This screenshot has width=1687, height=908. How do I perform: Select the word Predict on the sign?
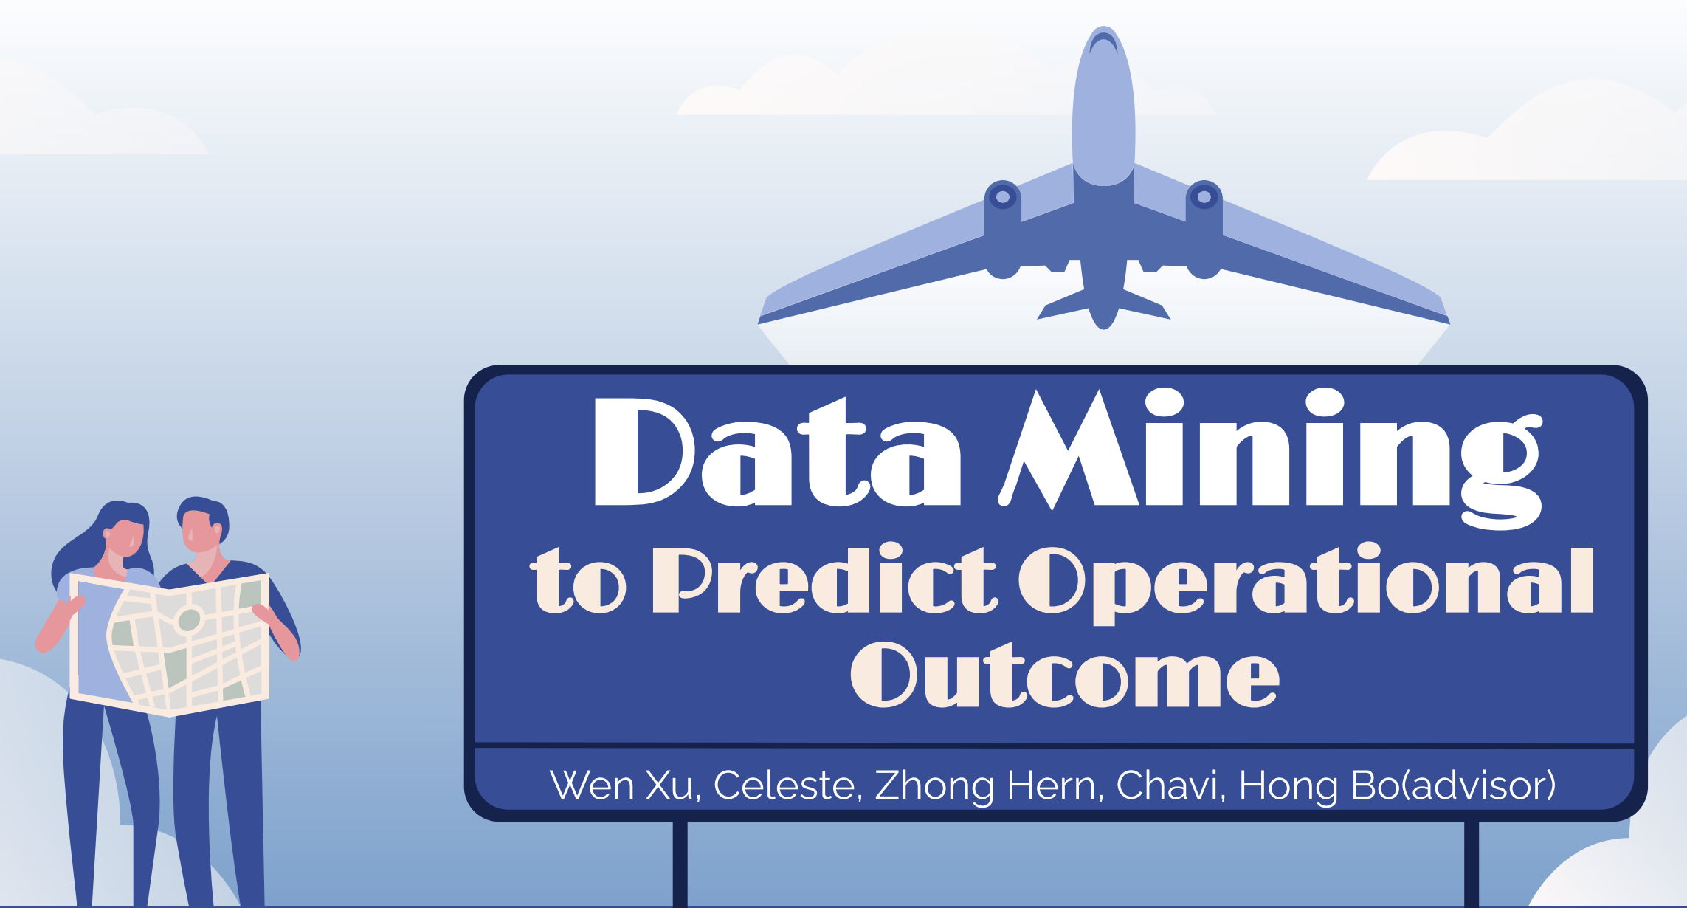(825, 580)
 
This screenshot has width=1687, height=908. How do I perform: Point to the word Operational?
(1307, 583)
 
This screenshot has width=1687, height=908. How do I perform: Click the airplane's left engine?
(1003, 229)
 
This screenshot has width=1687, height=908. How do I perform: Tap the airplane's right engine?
(1204, 229)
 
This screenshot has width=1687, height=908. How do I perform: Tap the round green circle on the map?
(189, 619)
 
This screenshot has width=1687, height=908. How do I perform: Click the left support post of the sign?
(680, 864)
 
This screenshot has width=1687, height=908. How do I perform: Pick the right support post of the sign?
(1472, 864)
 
